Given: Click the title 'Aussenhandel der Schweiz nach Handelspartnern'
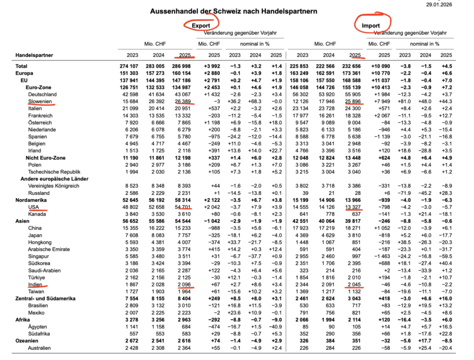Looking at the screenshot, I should tap(234, 11).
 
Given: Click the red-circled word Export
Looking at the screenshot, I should tap(201, 25).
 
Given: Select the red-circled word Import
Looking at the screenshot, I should tap(371, 25).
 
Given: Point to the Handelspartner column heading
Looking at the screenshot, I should tap(34, 56).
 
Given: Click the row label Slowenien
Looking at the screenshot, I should tap(40, 101).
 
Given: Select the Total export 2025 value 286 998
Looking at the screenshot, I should tap(181, 66).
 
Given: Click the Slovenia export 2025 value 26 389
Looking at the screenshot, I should tap(183, 101).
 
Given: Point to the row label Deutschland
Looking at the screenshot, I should tap(43, 94).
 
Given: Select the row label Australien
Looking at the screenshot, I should tap(41, 348).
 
